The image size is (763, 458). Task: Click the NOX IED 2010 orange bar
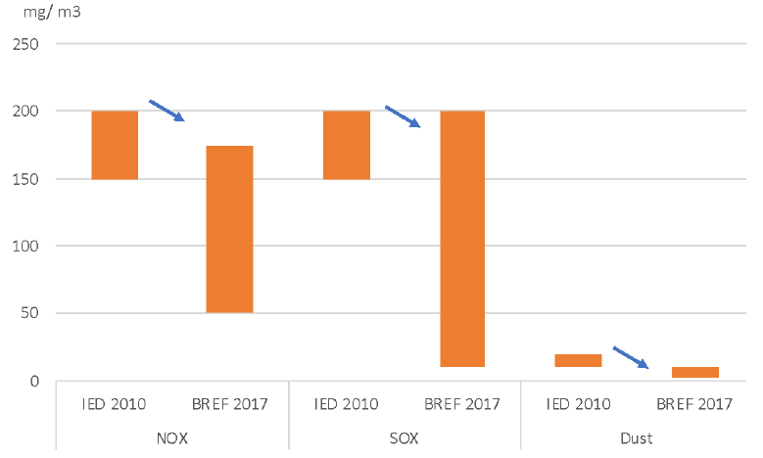pos(115,145)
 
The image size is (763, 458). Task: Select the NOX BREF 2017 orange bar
pos(229,229)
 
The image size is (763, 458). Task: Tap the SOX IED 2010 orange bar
pos(347,145)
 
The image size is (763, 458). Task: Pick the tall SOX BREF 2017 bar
pos(461,239)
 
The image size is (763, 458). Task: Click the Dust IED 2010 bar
pos(578,360)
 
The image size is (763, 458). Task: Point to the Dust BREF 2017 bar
pos(694,372)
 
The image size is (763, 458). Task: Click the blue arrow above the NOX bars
pos(167,110)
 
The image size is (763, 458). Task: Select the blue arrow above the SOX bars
pos(403,115)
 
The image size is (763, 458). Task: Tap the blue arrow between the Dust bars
pos(631,357)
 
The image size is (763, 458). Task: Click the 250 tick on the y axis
pos(27,44)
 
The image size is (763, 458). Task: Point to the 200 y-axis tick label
pos(27,112)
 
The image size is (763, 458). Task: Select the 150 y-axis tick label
pos(27,179)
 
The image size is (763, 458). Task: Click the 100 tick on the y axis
pos(27,247)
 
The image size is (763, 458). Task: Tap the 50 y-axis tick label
pos(31,314)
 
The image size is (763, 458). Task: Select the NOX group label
pos(171,437)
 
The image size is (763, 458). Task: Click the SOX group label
pos(404,437)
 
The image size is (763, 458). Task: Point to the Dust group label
pos(636,437)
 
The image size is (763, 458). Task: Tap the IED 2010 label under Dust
pos(578,404)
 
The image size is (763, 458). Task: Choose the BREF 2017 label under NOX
pos(229,404)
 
